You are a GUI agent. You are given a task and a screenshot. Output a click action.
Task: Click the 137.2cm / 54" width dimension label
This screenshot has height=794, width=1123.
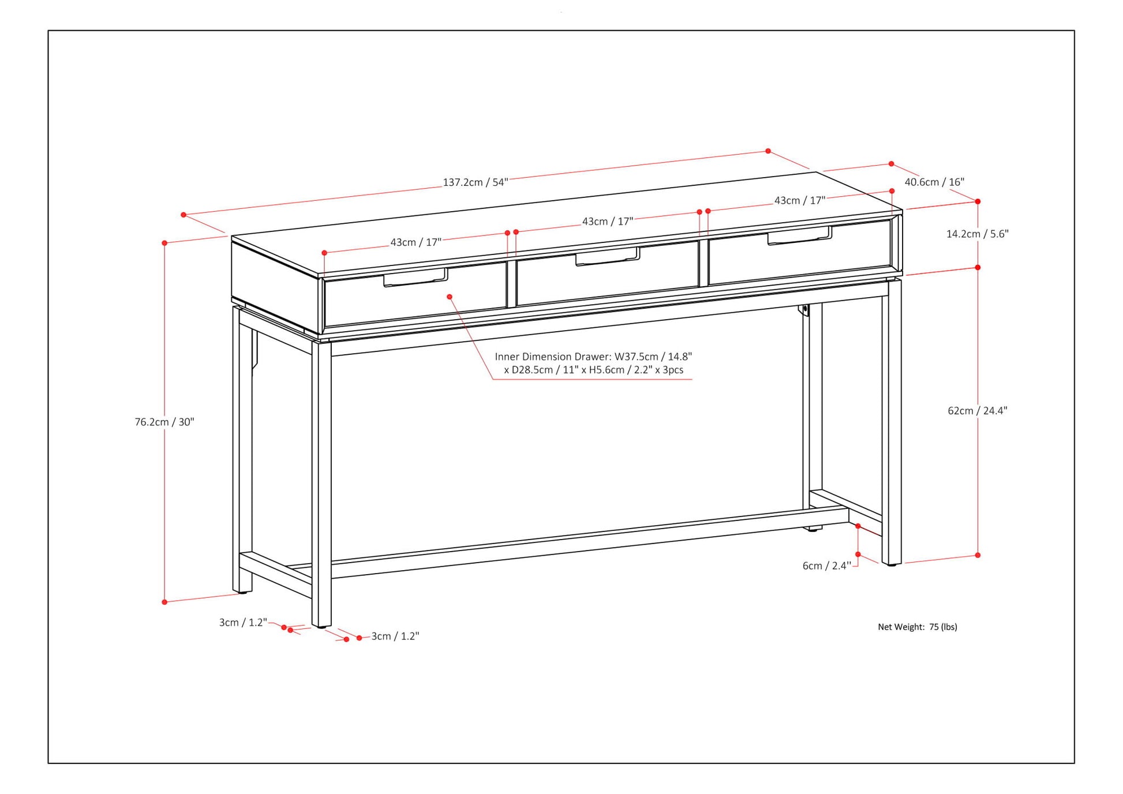tap(475, 182)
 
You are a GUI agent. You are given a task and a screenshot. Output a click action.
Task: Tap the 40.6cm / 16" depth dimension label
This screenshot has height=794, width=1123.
tap(934, 182)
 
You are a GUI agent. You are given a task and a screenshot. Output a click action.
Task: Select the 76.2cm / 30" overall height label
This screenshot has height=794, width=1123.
tap(164, 422)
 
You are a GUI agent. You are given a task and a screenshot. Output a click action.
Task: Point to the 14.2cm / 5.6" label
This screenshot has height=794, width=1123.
tap(977, 234)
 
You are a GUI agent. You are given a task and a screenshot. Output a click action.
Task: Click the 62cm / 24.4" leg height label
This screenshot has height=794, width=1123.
tap(977, 410)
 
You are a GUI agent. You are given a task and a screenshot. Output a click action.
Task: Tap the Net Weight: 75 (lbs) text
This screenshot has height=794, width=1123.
tap(917, 627)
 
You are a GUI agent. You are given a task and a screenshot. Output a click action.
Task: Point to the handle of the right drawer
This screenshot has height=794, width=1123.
tap(799, 236)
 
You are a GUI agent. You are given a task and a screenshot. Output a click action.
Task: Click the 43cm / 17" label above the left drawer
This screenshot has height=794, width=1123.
tap(415, 242)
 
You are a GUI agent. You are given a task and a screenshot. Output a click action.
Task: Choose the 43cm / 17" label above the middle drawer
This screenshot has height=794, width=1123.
tap(607, 221)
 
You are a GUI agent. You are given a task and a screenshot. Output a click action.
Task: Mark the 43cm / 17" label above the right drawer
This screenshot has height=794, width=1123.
tap(799, 200)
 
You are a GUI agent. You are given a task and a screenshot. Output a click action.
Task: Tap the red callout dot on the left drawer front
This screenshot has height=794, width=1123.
tap(450, 297)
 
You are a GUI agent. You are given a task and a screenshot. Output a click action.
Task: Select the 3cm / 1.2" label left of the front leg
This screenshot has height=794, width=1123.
tap(243, 623)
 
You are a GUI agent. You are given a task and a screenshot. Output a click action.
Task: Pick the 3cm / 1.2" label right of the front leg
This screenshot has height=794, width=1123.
tap(395, 636)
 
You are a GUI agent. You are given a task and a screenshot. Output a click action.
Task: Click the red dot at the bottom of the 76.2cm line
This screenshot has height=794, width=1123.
tap(164, 602)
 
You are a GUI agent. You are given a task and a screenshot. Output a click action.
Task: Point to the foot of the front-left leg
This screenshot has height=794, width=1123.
tap(321, 625)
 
